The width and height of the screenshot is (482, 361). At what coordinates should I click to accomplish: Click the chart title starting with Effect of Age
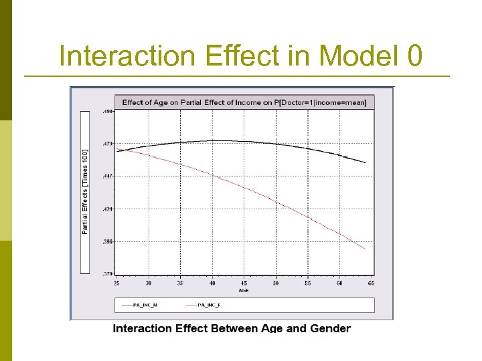coord(245,102)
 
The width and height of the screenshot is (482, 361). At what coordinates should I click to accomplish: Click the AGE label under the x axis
coord(244,291)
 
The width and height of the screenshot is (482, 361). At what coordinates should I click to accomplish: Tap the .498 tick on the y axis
coord(107,112)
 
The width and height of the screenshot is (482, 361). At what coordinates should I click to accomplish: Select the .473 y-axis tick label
coord(107,144)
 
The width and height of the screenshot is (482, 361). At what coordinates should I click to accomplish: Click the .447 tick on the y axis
coord(107,176)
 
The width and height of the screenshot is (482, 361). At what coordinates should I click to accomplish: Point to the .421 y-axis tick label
coord(107,209)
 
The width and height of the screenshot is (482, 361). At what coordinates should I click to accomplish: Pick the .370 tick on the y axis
coord(107,274)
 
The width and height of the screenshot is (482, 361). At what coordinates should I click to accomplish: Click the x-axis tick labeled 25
coord(117,283)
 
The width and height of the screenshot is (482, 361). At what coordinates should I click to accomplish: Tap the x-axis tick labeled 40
coord(212,283)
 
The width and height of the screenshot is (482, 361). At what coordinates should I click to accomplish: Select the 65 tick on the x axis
coord(371,283)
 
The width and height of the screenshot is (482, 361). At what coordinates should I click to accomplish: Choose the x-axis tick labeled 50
coord(276,283)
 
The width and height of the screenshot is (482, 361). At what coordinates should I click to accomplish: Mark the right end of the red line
coord(365,249)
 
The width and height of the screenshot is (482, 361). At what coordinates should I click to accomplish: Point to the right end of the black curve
coord(365,162)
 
